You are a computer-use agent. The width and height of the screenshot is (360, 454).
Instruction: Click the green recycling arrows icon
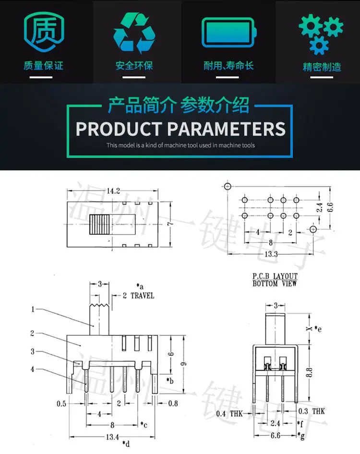pos(134,33)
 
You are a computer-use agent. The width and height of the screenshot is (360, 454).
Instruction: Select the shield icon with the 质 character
pos(44,32)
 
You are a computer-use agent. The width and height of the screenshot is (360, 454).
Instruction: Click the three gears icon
pos(321,34)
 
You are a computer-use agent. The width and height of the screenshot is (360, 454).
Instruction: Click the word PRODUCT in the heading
pos(119,129)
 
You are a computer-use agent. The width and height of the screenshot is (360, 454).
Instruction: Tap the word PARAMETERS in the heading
pos(227,129)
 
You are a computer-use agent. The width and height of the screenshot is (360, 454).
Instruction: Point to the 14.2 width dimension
pos(113,191)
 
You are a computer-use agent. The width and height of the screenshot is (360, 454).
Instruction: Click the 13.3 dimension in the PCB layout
pos(271,254)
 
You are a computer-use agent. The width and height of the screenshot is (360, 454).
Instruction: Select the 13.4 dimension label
pos(112,437)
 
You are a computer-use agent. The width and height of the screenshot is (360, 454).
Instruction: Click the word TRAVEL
pos(142,296)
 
